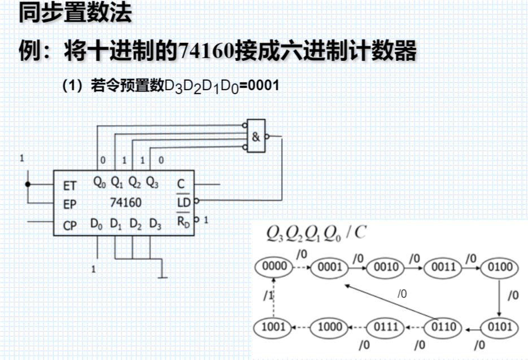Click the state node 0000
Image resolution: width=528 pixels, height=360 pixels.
tap(275, 266)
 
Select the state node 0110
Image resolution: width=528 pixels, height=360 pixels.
tap(443, 327)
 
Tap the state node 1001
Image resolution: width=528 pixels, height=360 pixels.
tap(274, 327)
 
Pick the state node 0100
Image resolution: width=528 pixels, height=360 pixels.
tap(499, 266)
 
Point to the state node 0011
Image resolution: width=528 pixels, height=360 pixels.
tap(443, 266)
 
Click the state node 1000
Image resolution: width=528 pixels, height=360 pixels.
tap(330, 327)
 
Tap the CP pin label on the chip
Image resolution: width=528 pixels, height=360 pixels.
tap(70, 226)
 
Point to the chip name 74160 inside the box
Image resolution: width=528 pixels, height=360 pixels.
tap(126, 202)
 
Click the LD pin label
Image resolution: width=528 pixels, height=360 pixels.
tap(183, 201)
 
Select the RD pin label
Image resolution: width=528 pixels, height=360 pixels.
tap(184, 222)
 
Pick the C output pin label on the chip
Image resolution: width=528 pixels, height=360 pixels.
tap(181, 184)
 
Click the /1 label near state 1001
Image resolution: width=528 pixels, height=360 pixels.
tap(268, 295)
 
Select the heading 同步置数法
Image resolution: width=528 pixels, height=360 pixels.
tap(76, 12)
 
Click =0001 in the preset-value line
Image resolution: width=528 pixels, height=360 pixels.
tap(259, 86)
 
